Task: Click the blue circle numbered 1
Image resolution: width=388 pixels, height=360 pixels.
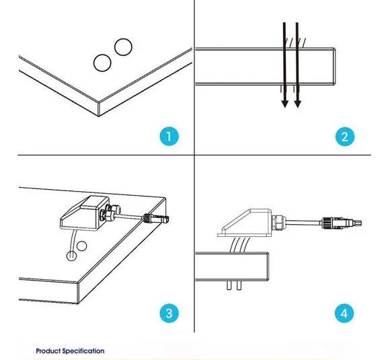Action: (x=169, y=137)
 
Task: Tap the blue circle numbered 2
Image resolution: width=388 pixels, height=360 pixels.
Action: (x=345, y=137)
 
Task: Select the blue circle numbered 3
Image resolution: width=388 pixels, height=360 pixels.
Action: (x=169, y=313)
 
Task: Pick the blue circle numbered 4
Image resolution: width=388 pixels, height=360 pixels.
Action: (x=344, y=313)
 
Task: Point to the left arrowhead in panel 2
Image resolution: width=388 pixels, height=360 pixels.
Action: (x=285, y=104)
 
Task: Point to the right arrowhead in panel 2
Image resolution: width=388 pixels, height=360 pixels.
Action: (x=298, y=104)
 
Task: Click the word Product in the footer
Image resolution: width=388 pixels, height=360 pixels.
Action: (x=48, y=351)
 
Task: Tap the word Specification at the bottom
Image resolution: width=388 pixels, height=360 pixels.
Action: (x=83, y=351)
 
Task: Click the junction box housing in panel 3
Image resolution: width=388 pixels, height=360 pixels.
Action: (x=85, y=212)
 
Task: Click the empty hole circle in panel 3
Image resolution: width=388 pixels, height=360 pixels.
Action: (x=81, y=246)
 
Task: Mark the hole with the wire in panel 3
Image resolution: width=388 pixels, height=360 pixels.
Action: (x=71, y=256)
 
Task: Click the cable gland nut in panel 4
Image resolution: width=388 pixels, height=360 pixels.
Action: (x=279, y=223)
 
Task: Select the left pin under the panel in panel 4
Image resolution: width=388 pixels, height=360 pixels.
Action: (x=229, y=285)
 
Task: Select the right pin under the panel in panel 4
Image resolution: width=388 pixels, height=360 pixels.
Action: (x=239, y=285)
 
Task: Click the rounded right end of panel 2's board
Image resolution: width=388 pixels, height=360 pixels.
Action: (x=335, y=67)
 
